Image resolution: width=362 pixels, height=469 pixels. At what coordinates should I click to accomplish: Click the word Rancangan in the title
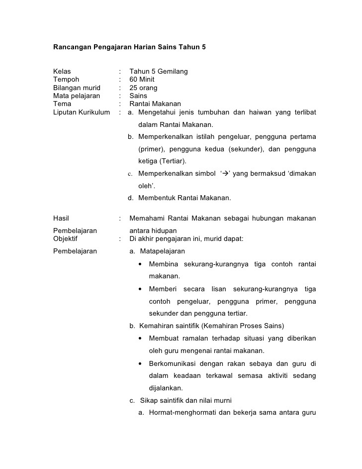pyautogui.click(x=72, y=47)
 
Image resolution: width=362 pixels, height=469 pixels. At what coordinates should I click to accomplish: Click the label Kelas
pyautogui.click(x=62, y=71)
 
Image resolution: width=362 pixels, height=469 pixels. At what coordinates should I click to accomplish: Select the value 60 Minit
pyautogui.click(x=142, y=80)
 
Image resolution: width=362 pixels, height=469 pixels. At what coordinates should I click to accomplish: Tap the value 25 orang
pyautogui.click(x=143, y=88)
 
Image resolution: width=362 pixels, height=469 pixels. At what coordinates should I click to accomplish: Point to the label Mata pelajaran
pyautogui.click(x=77, y=96)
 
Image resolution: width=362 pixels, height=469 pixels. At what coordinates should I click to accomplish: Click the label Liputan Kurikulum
pyautogui.click(x=82, y=112)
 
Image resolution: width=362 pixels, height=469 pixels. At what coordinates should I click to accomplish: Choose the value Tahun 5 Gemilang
pyautogui.click(x=159, y=71)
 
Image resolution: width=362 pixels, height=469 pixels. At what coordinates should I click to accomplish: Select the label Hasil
pyautogui.click(x=61, y=218)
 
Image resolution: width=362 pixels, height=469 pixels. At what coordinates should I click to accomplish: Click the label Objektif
pyautogui.click(x=66, y=238)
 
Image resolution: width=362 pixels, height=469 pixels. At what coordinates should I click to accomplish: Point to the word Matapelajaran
pyautogui.click(x=163, y=251)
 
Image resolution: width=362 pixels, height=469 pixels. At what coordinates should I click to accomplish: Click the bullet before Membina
pyautogui.click(x=142, y=264)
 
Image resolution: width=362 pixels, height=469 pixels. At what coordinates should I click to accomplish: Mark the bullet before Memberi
pyautogui.click(x=142, y=289)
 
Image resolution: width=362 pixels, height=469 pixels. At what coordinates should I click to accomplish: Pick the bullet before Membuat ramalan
pyautogui.click(x=142, y=339)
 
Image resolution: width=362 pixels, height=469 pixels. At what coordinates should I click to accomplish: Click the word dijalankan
pyautogui.click(x=166, y=388)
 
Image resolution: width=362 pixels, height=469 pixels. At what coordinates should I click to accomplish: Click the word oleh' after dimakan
pyautogui.click(x=147, y=186)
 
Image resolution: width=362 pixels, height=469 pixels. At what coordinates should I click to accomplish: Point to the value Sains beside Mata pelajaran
pyautogui.click(x=138, y=96)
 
